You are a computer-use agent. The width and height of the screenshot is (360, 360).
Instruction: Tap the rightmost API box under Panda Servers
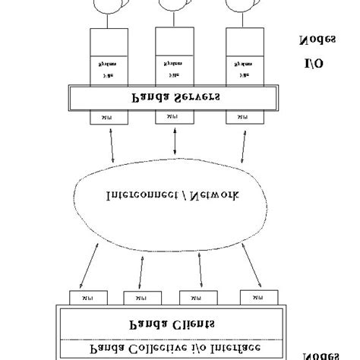click(x=242, y=118)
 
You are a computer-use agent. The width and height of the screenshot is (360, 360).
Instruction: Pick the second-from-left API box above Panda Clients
click(x=139, y=297)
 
